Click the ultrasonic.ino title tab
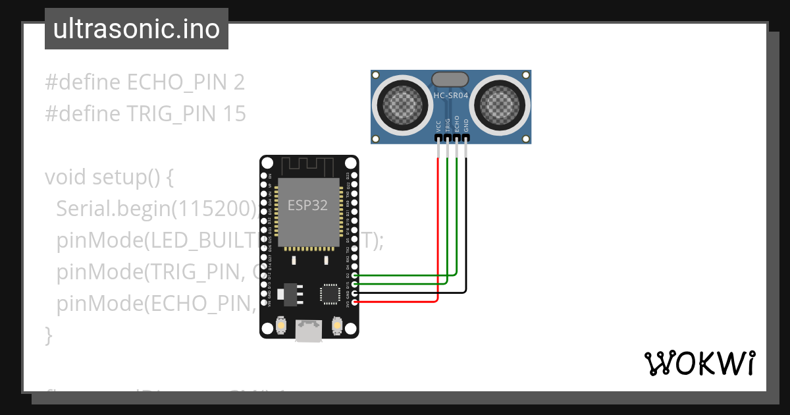click(x=136, y=29)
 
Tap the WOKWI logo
click(x=699, y=363)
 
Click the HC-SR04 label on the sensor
click(x=451, y=96)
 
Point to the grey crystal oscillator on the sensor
click(x=451, y=79)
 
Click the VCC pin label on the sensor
click(x=438, y=126)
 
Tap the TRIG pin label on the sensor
click(x=448, y=125)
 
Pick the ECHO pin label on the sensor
click(x=457, y=125)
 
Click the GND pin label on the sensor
click(x=466, y=126)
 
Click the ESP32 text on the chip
click(x=307, y=205)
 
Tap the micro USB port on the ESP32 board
click(x=309, y=331)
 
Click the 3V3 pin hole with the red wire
click(x=355, y=302)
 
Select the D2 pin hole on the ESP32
click(x=355, y=275)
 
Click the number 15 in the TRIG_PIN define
click(x=234, y=115)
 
